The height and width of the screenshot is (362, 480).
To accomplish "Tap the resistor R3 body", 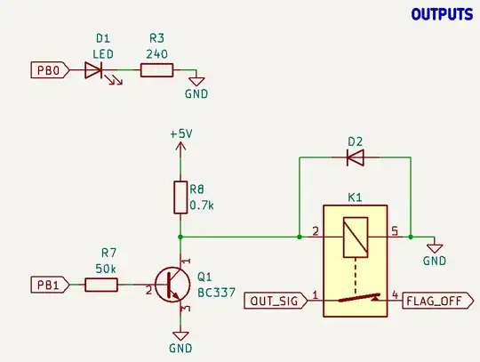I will (x=158, y=69).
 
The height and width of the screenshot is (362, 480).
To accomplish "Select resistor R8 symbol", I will (x=180, y=197).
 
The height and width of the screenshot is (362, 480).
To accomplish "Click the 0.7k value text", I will (x=204, y=205).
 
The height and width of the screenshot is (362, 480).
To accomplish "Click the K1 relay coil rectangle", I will (x=355, y=237).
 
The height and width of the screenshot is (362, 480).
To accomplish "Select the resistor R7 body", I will (x=100, y=285).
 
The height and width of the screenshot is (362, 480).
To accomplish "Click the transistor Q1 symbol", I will (x=170, y=285).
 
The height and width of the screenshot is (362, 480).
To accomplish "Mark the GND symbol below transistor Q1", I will (x=180, y=339).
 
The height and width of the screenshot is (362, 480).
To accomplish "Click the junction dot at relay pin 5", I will (x=410, y=237).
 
